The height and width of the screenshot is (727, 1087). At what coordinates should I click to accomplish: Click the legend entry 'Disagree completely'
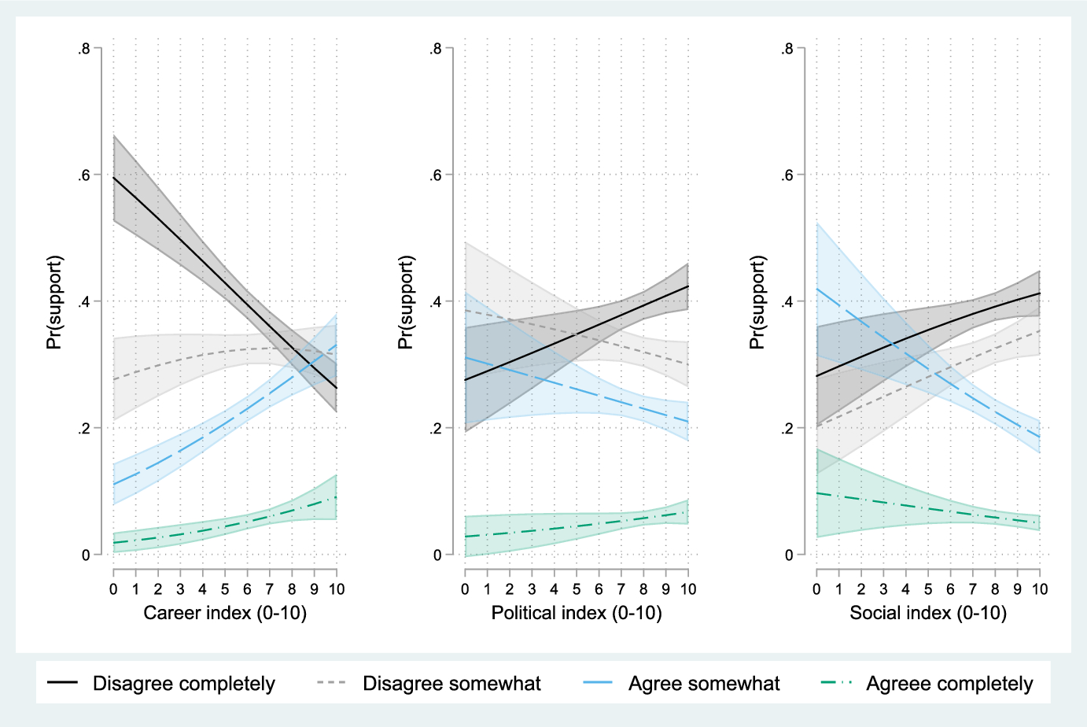pyautogui.click(x=183, y=684)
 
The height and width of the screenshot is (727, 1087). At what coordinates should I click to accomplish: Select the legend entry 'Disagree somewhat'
pyautogui.click(x=451, y=684)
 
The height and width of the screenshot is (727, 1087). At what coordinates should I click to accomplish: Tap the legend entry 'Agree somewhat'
pyautogui.click(x=703, y=684)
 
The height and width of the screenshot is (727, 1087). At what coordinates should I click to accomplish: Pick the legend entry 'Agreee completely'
pyautogui.click(x=949, y=684)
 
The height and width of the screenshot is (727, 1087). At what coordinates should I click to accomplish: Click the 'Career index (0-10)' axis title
pyautogui.click(x=225, y=613)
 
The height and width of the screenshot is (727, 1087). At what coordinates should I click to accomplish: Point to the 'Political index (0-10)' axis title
pyautogui.click(x=577, y=613)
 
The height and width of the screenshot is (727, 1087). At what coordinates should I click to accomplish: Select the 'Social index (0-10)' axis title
pyautogui.click(x=928, y=613)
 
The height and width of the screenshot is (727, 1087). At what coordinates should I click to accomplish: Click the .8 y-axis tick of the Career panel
pyautogui.click(x=83, y=49)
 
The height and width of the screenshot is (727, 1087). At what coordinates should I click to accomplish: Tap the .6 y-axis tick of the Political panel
pyautogui.click(x=435, y=175)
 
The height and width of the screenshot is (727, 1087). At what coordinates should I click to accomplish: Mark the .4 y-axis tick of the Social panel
pyautogui.click(x=787, y=302)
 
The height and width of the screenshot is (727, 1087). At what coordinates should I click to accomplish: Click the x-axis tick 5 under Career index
pyautogui.click(x=225, y=589)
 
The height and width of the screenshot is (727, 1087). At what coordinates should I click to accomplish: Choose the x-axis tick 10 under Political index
pyautogui.click(x=688, y=589)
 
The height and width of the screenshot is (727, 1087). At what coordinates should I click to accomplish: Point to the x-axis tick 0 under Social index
pyautogui.click(x=817, y=589)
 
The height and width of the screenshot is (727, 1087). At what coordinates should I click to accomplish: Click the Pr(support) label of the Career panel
pyautogui.click(x=54, y=302)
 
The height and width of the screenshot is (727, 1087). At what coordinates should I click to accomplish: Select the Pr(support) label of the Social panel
pyautogui.click(x=757, y=302)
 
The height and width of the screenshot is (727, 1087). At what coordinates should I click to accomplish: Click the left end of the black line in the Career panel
pyautogui.click(x=114, y=178)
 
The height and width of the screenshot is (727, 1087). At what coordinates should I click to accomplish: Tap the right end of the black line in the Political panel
pyautogui.click(x=688, y=286)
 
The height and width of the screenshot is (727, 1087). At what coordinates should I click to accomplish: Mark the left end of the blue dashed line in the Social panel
pyautogui.click(x=817, y=290)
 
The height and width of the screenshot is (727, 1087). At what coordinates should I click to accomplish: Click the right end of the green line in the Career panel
pyautogui.click(x=337, y=497)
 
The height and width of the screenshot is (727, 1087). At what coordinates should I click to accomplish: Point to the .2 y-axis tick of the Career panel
pyautogui.click(x=83, y=429)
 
